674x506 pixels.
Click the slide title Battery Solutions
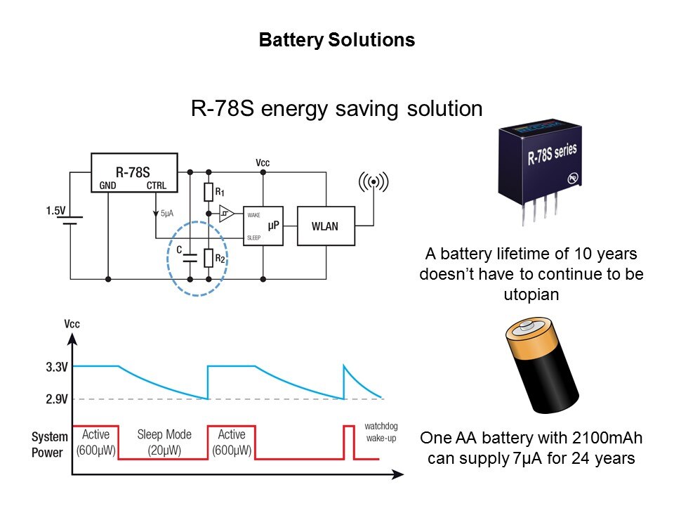(337, 41)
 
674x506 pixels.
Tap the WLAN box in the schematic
(325, 226)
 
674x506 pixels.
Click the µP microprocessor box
(263, 225)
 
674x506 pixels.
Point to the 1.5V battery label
(56, 210)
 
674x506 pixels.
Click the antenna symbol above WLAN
(374, 183)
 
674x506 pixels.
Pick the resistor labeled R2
(208, 259)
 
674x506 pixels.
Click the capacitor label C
(180, 249)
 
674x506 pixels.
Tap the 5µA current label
(168, 212)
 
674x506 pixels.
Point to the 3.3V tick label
(57, 366)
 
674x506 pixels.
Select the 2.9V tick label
(57, 399)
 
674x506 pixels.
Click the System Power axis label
(50, 445)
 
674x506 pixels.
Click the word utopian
(531, 294)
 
